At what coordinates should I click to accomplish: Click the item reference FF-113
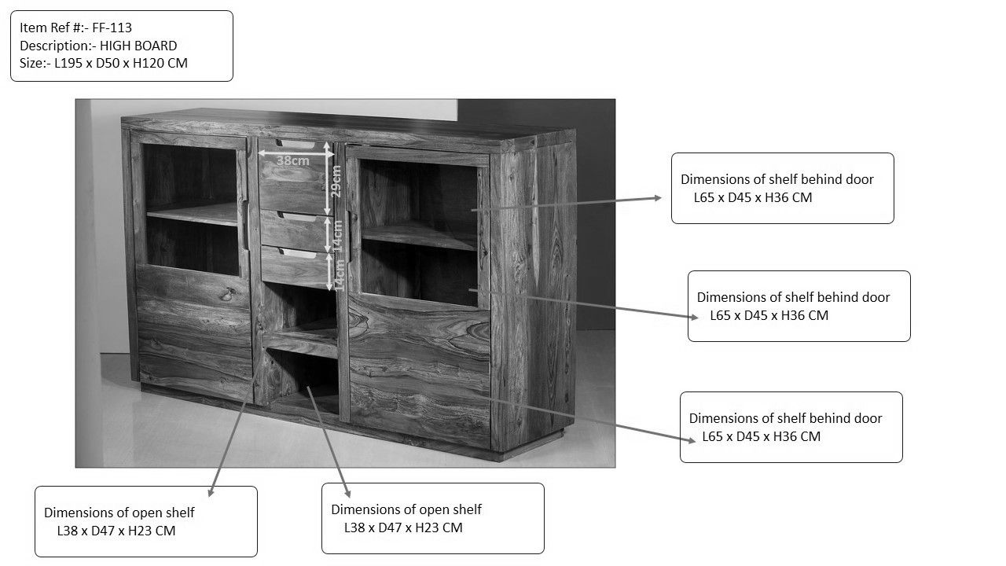click(112, 28)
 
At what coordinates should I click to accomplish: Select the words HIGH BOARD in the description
click(138, 46)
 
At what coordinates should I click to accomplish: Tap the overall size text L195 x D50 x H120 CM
click(121, 64)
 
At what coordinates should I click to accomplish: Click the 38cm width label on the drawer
click(293, 160)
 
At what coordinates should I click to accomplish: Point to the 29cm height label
click(336, 182)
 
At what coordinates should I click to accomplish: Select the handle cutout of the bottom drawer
click(298, 254)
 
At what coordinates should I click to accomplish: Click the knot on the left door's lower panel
click(228, 294)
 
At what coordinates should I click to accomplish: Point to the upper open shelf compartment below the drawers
click(300, 310)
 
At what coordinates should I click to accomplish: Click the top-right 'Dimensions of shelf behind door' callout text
click(777, 188)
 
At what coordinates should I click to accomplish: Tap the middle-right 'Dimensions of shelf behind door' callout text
click(793, 307)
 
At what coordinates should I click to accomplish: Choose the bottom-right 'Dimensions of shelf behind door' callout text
click(785, 427)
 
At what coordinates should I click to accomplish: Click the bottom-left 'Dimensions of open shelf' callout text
click(119, 521)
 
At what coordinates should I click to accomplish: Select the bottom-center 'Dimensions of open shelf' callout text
click(406, 518)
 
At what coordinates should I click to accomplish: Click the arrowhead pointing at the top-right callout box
click(658, 197)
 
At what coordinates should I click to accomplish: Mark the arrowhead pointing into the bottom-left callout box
click(211, 492)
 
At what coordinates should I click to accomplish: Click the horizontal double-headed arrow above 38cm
click(296, 153)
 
